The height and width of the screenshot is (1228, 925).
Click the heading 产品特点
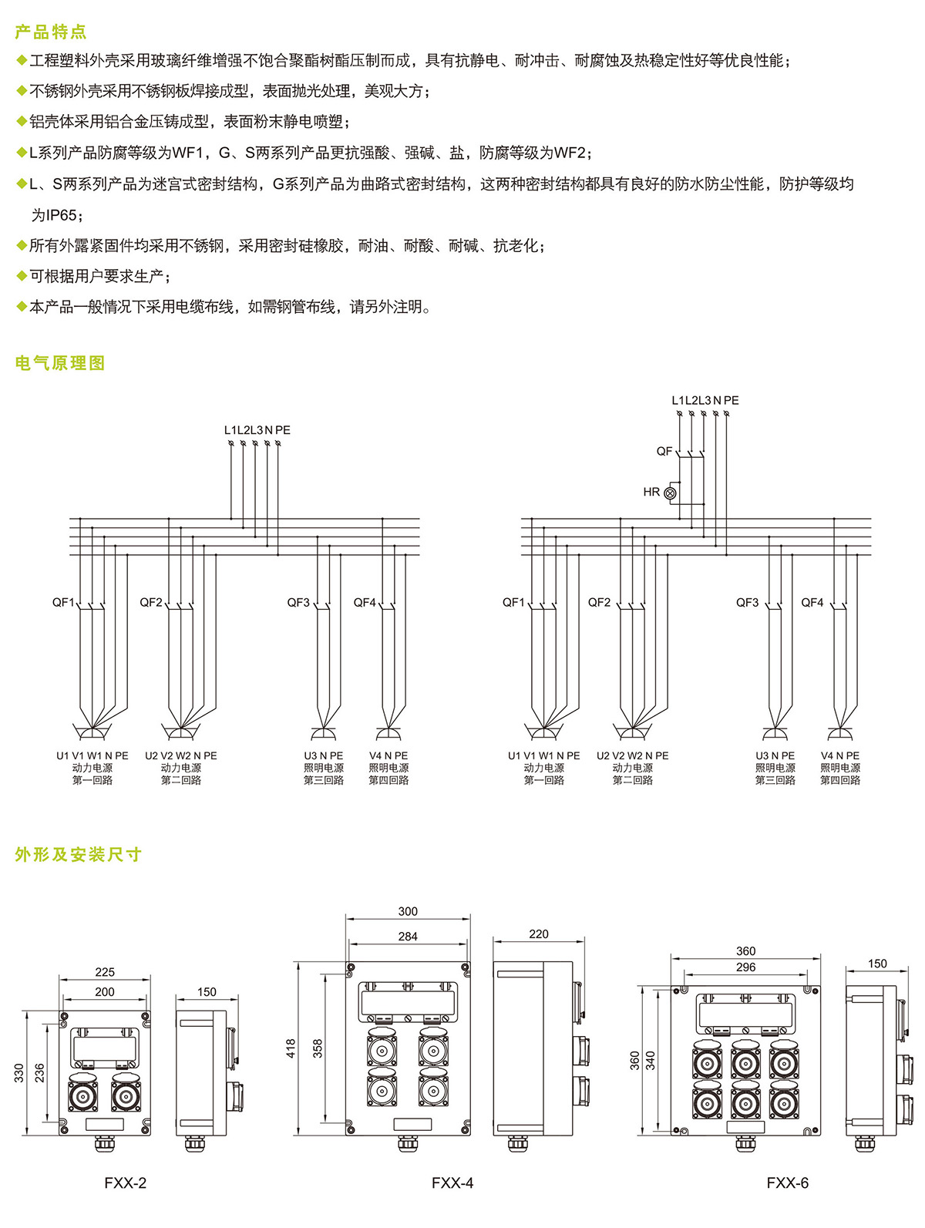pyautogui.click(x=51, y=32)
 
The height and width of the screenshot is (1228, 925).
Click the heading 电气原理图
pyautogui.click(x=60, y=363)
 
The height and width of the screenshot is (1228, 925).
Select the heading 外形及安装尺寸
pyautogui.click(x=79, y=854)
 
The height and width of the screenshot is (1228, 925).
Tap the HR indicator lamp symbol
pyautogui.click(x=670, y=493)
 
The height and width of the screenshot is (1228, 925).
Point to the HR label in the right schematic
pyautogui.click(x=651, y=492)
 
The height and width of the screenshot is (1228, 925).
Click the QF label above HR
pyautogui.click(x=664, y=451)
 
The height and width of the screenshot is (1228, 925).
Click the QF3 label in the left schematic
pyautogui.click(x=298, y=602)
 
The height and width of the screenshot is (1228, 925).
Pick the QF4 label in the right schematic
pyautogui.click(x=812, y=602)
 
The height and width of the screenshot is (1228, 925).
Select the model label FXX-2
pyautogui.click(x=126, y=1183)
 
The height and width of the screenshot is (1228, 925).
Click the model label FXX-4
pyautogui.click(x=452, y=1183)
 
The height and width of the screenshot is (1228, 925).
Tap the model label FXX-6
pyautogui.click(x=788, y=1183)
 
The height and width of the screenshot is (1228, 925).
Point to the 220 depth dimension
pyautogui.click(x=539, y=934)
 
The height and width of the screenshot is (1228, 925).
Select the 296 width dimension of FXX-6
pyautogui.click(x=746, y=967)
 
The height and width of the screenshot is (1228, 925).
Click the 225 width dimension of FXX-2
pyautogui.click(x=105, y=972)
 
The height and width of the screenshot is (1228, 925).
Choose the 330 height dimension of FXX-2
pyautogui.click(x=19, y=1072)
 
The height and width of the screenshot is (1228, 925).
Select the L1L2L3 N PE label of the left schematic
pyautogui.click(x=257, y=430)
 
